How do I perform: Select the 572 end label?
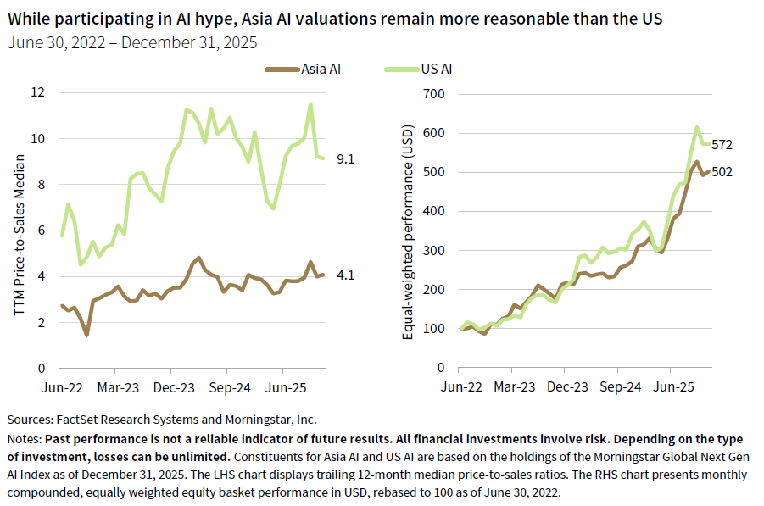pos(722,145)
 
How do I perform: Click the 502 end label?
pos(722,172)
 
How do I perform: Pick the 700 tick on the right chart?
pos(434,93)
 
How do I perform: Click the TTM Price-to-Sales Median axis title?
pos(19,231)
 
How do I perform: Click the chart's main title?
pos(343,19)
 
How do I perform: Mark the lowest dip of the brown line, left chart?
pos(86,335)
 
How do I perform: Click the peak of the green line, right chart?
pos(697,128)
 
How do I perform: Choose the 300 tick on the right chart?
pos(434,250)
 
